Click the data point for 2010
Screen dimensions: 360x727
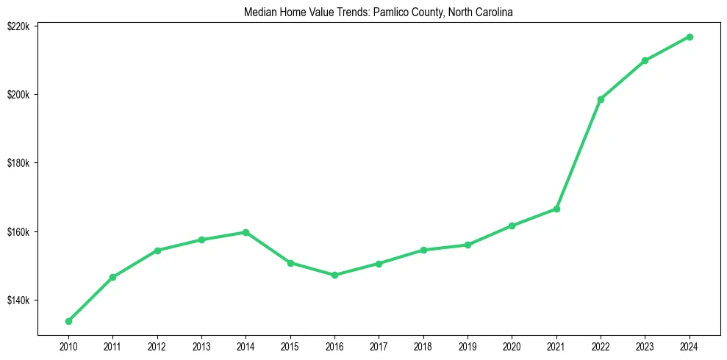click(68, 321)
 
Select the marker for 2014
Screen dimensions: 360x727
click(246, 232)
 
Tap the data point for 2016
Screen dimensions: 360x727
click(334, 275)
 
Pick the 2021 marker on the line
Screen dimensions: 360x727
click(556, 209)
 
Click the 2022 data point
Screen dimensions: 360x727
click(601, 99)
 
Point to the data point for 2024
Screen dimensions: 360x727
click(690, 37)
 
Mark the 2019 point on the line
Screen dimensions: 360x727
click(468, 245)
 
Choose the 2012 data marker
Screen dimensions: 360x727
click(157, 251)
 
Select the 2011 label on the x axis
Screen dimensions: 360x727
click(112, 345)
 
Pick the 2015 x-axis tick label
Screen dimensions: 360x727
click(290, 345)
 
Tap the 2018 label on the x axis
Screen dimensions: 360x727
click(423, 345)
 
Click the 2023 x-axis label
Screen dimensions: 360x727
click(645, 345)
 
